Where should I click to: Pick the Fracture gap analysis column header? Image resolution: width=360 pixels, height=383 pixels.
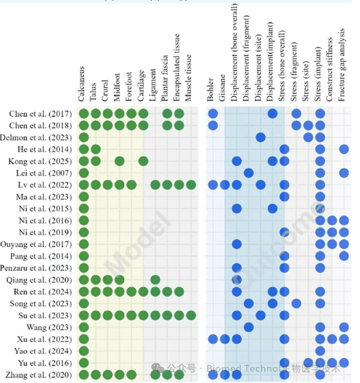coord(343,65)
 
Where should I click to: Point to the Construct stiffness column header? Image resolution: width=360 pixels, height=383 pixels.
coord(331,68)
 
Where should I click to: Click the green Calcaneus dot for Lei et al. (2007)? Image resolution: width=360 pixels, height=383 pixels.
coord(84,173)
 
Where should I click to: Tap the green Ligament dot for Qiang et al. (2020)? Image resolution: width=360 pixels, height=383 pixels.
coord(155,280)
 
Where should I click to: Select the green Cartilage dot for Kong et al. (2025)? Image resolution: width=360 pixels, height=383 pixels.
coord(143,161)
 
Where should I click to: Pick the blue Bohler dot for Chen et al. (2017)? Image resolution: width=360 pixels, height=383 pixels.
coord(213,114)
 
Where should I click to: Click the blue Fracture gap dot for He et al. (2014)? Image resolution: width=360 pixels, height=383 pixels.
coord(344,149)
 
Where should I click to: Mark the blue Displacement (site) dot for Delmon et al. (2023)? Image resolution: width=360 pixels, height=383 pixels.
coord(260,137)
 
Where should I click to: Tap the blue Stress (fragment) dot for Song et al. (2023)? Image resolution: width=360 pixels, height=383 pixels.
coord(296,303)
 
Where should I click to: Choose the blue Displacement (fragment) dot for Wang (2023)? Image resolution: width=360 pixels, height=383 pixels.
coord(248,327)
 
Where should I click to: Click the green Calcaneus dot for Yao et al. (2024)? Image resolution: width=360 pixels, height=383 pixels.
coord(84,351)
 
